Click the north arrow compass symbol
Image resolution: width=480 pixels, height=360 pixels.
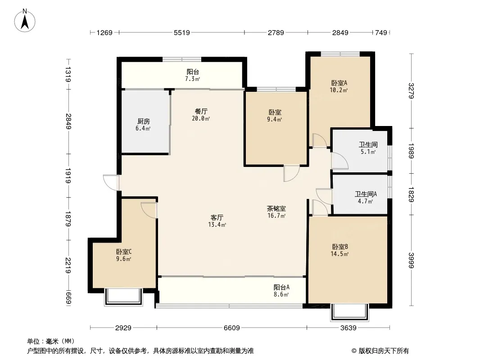tap(25, 20)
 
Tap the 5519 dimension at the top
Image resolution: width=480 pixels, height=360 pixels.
tap(182, 32)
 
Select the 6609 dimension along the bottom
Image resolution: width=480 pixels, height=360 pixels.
tap(232, 328)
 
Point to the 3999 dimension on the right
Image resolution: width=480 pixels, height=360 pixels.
tap(411, 260)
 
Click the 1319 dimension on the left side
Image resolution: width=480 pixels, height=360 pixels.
tap(68, 74)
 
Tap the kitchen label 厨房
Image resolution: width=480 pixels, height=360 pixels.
tap(143, 121)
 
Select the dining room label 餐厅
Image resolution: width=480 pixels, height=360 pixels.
tap(201, 111)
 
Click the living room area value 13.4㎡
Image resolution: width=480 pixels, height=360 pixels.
tap(217, 225)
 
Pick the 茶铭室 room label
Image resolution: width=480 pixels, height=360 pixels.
tap(276, 209)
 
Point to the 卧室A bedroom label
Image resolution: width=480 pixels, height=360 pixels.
tap(339, 83)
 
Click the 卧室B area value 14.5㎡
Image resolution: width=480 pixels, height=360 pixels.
tap(340, 254)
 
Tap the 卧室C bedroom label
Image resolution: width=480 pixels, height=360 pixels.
tap(124, 252)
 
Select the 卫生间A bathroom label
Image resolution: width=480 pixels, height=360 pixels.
tap(366, 194)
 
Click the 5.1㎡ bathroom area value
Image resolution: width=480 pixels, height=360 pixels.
tap(368, 152)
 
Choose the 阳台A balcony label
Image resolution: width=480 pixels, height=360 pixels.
tap(281, 288)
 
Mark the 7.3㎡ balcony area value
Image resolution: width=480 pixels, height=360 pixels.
tap(193, 79)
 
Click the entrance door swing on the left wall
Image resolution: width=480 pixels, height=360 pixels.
tap(111, 183)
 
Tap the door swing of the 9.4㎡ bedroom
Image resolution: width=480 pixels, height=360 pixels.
tap(291, 173)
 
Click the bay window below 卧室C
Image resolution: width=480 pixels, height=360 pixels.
tap(124, 297)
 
